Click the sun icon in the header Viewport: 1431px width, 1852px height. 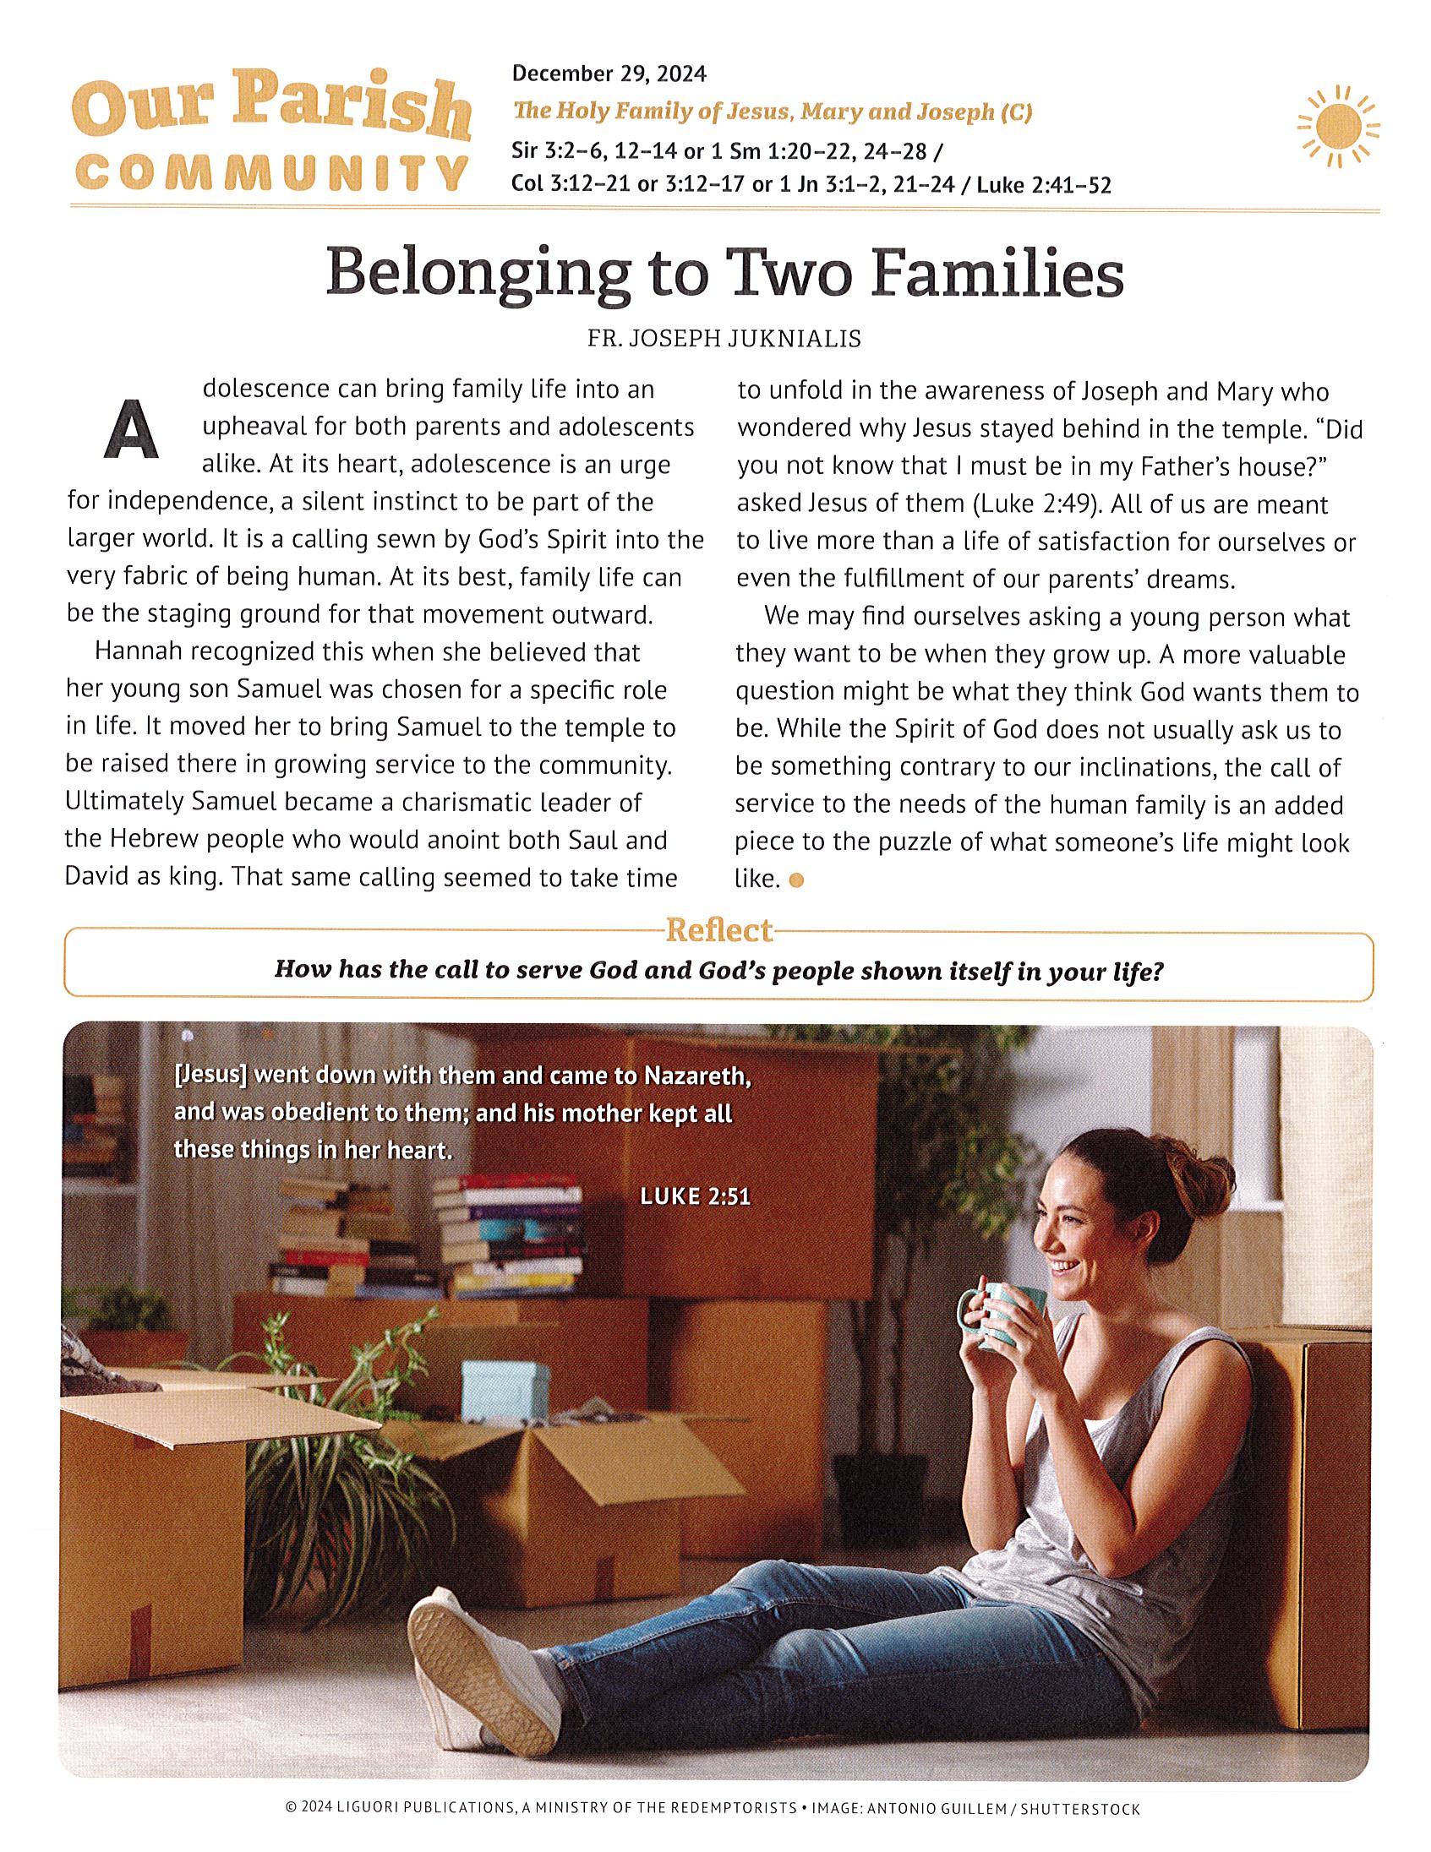[x=1338, y=127]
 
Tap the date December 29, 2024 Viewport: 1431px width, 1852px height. [x=609, y=74]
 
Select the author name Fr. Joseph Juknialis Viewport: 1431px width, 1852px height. [x=724, y=339]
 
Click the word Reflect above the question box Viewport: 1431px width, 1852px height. [x=719, y=931]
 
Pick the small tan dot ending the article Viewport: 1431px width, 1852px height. [x=795, y=881]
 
